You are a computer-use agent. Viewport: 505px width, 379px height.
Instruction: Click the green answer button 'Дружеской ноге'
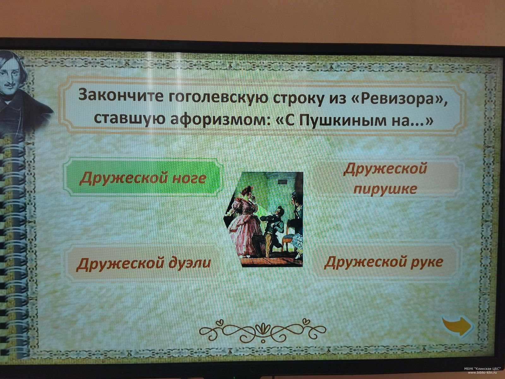[x=143, y=177]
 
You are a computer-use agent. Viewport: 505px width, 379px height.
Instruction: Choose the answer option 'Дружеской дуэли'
[x=143, y=263]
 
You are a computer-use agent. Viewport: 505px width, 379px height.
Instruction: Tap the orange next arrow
[x=458, y=326]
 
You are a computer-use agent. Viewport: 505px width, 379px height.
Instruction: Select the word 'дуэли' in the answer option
[x=190, y=263]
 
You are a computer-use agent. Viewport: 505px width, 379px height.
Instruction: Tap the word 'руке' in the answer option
[x=426, y=262]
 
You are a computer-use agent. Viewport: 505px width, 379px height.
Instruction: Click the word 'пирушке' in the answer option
[x=385, y=189]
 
